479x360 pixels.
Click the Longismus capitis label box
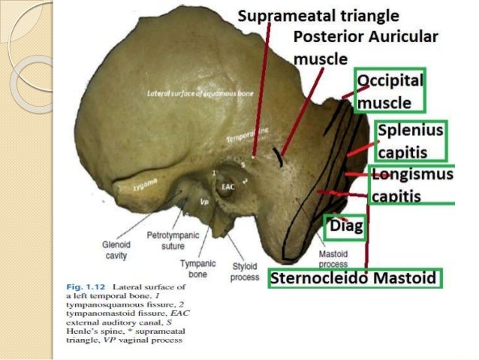coord(413,185)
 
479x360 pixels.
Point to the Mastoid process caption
coord(332,260)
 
